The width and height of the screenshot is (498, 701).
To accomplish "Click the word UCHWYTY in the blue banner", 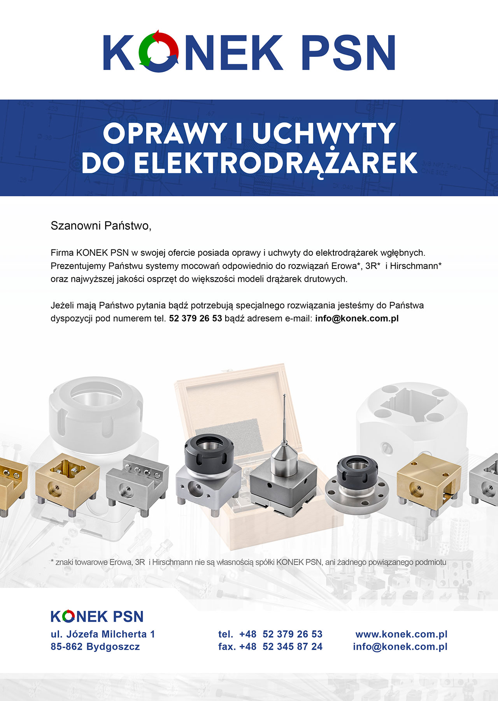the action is tap(324, 134).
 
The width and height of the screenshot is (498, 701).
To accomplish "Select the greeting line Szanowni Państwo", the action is tap(101, 226).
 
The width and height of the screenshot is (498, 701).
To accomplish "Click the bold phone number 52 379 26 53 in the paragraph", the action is tap(195, 318).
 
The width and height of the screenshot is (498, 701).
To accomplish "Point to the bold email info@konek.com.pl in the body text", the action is tap(357, 318).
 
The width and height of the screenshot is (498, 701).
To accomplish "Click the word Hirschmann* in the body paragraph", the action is tap(416, 266).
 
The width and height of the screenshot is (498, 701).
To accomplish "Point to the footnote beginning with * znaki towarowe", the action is tap(249, 562).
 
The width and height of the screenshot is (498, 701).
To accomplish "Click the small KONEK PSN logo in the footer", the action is tap(97, 617).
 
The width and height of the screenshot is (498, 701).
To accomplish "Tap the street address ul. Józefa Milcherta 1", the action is tap(103, 634).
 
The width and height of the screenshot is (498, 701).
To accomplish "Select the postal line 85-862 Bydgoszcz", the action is tap(95, 647).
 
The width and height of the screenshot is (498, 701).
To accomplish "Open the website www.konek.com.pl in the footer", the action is tap(402, 634).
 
